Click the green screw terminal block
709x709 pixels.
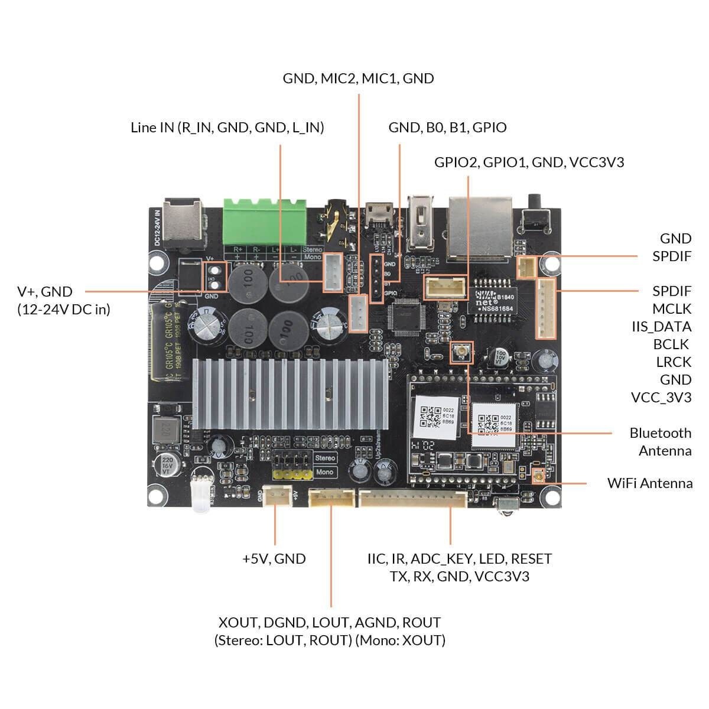click(265, 221)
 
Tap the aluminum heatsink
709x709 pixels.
click(290, 393)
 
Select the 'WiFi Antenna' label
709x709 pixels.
click(650, 483)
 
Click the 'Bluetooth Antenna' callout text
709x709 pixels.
click(660, 441)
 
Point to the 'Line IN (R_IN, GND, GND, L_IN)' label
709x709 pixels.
click(227, 128)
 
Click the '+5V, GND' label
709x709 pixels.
click(274, 559)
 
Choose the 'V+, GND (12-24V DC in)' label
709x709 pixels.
click(64, 300)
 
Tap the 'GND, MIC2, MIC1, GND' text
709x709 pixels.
click(358, 79)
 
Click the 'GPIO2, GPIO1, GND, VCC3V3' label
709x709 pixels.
click(529, 162)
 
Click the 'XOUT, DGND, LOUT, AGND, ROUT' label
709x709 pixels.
click(330, 623)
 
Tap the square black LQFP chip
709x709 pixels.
click(406, 314)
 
